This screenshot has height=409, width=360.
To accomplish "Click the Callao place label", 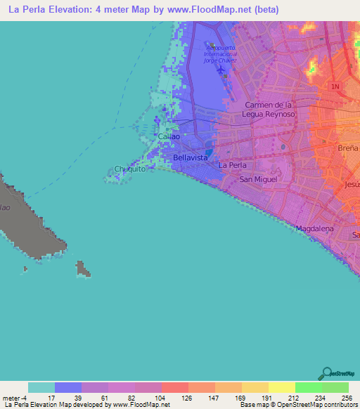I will [x=167, y=136].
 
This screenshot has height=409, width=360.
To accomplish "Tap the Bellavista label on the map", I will [x=190, y=158].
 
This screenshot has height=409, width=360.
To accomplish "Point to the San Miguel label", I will [x=256, y=179].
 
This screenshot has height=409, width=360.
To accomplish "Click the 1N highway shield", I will [x=335, y=86].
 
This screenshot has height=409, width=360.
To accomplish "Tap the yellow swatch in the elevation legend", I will [x=281, y=387].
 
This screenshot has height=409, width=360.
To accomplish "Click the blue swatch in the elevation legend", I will [x=68, y=387].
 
